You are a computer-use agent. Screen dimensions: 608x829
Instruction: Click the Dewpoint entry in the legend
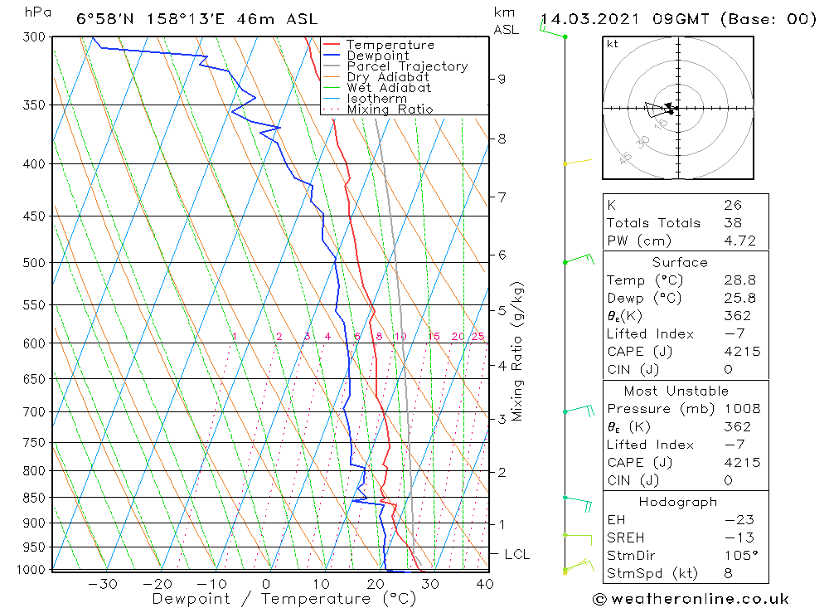(x=378, y=56)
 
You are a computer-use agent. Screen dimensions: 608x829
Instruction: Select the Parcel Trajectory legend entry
(x=407, y=66)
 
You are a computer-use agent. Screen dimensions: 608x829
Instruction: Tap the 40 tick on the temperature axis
(x=484, y=584)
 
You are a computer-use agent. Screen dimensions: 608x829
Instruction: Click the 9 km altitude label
(x=502, y=79)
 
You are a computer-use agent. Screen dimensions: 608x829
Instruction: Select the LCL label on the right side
(x=516, y=554)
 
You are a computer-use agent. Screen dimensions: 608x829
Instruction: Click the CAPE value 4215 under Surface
(x=741, y=352)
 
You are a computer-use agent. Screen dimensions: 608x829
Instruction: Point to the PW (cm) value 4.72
(x=739, y=241)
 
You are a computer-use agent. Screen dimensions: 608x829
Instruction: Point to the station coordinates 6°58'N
(x=103, y=19)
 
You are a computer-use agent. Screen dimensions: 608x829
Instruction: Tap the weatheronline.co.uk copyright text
(x=691, y=598)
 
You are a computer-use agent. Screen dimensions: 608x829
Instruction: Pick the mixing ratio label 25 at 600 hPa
(x=478, y=336)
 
